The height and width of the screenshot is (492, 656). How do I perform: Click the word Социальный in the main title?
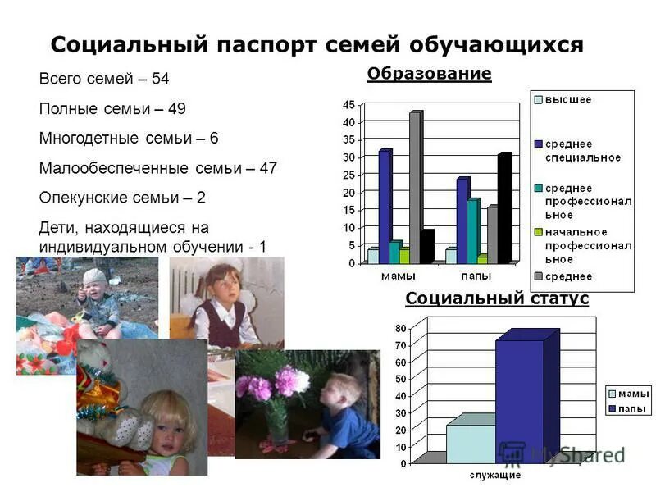click(x=129, y=44)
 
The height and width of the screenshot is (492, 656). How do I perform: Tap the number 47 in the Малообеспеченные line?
click(x=267, y=168)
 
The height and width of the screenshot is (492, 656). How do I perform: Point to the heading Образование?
click(x=429, y=75)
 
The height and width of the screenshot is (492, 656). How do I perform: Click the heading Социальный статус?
click(x=497, y=298)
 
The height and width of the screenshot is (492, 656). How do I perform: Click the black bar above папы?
click(x=503, y=208)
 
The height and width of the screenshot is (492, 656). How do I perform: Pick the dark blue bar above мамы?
click(x=384, y=206)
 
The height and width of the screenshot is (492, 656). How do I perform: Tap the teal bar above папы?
click(x=472, y=230)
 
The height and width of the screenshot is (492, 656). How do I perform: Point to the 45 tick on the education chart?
click(x=348, y=105)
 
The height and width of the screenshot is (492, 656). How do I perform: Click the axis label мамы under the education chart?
click(x=398, y=276)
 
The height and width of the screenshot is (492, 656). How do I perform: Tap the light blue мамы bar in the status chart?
click(x=471, y=443)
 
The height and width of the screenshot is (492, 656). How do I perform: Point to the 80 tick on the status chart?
click(x=400, y=328)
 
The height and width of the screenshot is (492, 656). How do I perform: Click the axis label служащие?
click(x=494, y=475)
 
